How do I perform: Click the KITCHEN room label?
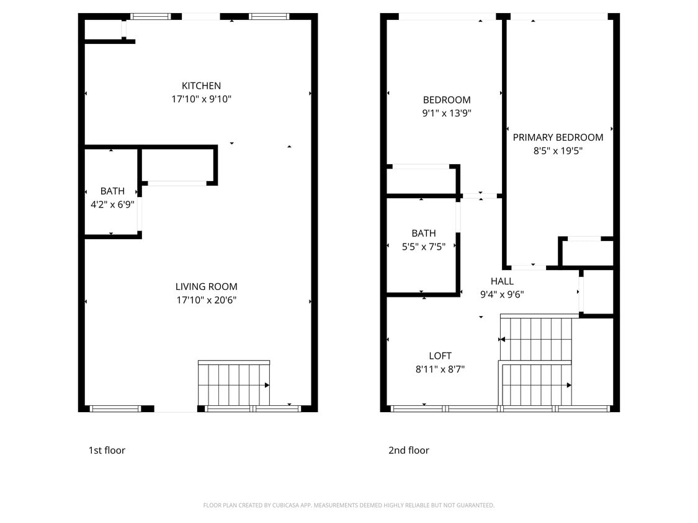201,86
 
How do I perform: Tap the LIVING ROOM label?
206,286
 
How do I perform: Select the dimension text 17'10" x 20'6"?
206,301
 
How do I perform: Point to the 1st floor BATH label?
112,191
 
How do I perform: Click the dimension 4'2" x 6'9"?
112,203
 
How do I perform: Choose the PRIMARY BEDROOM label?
558,137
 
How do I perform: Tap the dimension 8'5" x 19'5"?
558,151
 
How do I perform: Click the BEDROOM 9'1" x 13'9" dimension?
447,113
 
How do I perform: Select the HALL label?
502,281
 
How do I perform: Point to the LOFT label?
440,356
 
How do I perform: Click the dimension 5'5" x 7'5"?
424,247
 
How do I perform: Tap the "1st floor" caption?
107,450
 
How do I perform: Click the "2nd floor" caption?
409,450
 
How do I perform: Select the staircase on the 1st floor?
233,384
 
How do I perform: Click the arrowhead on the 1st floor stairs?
267,385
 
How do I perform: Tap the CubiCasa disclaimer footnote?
349,506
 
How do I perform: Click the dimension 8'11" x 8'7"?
440,369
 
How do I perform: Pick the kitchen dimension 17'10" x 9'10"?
201,99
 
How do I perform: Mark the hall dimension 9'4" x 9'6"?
502,295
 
